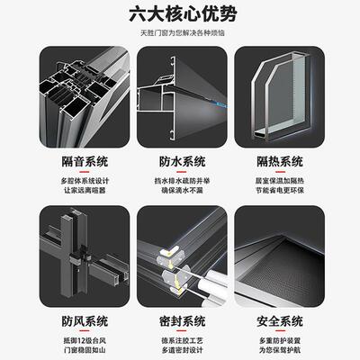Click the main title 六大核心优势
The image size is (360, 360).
(179, 15)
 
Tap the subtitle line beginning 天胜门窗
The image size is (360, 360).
(179, 34)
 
